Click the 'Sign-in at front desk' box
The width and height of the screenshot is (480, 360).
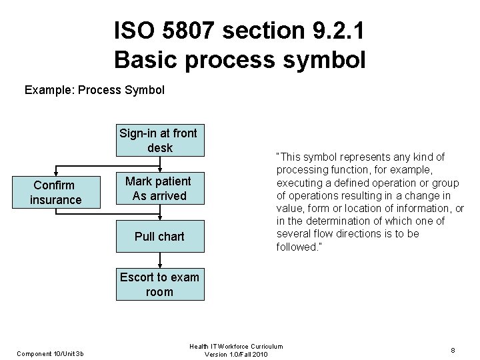[x=159, y=140]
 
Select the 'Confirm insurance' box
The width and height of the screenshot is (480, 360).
[x=56, y=192]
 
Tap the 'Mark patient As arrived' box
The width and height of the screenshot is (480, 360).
[x=159, y=189]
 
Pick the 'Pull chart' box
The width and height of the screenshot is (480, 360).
[x=159, y=237]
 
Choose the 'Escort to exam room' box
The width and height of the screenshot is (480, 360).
[x=159, y=285]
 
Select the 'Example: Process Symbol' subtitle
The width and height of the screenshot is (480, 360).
[x=94, y=89]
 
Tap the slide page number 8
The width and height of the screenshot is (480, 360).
[x=453, y=349]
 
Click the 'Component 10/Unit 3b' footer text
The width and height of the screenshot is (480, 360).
[x=51, y=353]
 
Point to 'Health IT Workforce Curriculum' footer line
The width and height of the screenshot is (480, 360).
[x=236, y=346]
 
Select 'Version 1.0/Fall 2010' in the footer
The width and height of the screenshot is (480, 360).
[x=237, y=354]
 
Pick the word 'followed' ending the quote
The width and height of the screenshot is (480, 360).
[x=297, y=247]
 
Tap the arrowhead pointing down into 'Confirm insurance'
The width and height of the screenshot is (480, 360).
[x=56, y=174]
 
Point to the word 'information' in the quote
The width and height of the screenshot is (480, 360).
[x=417, y=208]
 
